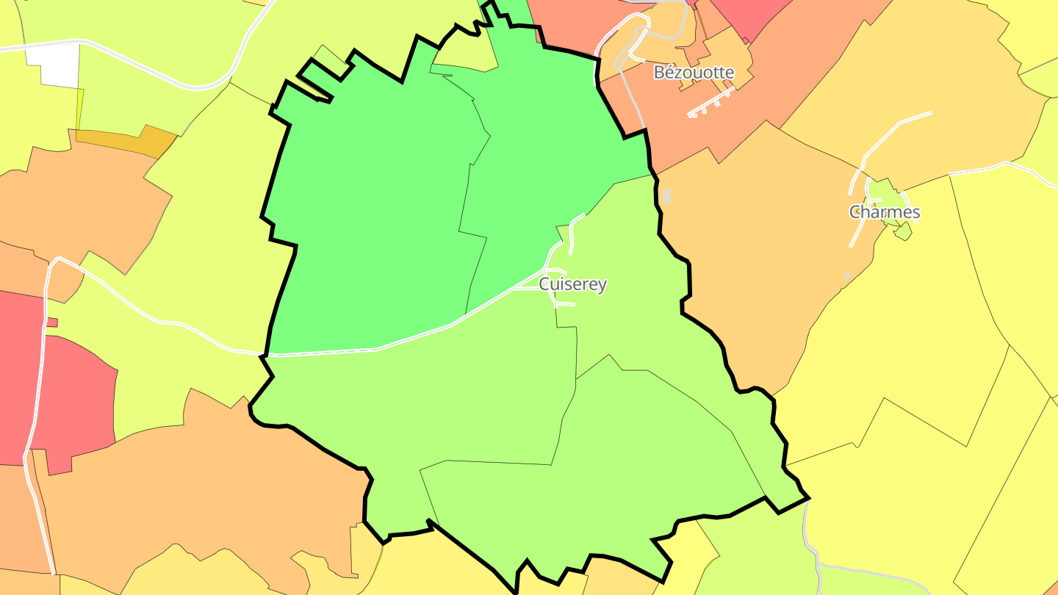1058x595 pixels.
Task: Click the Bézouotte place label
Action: click(x=694, y=73)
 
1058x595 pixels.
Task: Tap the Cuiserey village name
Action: click(x=573, y=284)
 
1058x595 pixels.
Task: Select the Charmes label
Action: click(x=885, y=212)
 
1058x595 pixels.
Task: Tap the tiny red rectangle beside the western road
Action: click(x=51, y=322)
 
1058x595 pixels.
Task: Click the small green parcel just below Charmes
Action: click(x=903, y=232)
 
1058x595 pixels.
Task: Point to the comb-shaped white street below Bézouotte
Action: click(x=709, y=104)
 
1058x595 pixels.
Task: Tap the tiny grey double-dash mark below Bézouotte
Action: click(x=666, y=195)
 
